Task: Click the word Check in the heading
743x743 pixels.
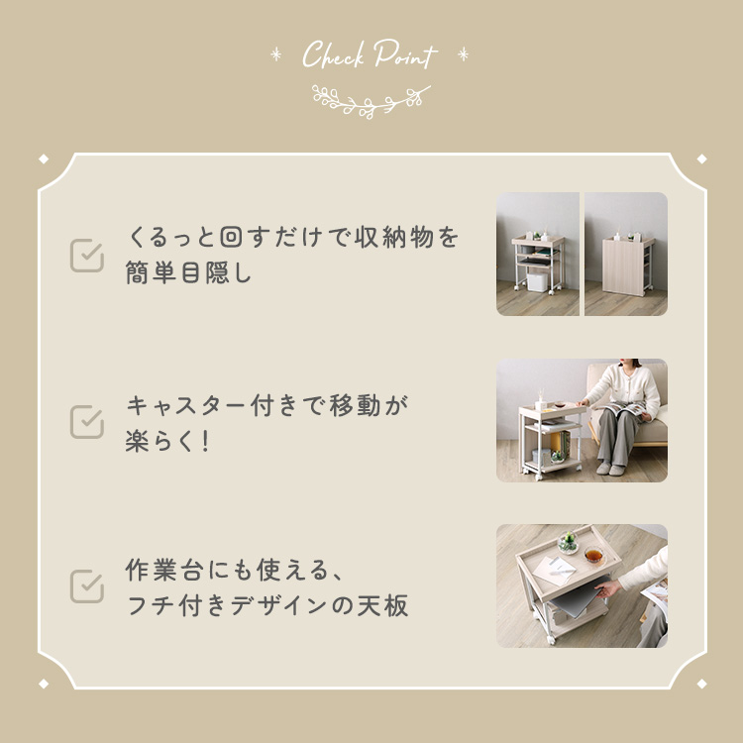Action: point(334,55)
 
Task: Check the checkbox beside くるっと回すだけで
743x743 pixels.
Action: point(87,255)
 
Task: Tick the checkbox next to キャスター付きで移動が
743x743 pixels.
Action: point(87,421)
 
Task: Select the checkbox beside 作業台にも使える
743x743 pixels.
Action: point(87,585)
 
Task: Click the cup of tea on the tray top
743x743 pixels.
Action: point(593,556)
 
